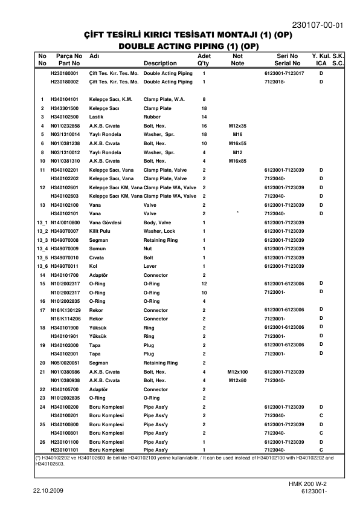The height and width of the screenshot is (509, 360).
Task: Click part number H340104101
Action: point(65,99)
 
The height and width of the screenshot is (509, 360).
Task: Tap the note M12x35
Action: point(237,126)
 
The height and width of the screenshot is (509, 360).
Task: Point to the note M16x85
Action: point(237,161)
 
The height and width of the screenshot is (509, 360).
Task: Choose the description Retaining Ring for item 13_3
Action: point(161,240)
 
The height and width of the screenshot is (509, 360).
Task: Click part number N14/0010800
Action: point(65,222)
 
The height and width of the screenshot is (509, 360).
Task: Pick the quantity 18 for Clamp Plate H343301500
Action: point(204,108)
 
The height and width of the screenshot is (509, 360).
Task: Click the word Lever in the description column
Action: point(150,267)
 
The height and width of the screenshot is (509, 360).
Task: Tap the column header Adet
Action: point(204,56)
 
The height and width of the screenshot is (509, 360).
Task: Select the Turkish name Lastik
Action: point(97,117)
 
